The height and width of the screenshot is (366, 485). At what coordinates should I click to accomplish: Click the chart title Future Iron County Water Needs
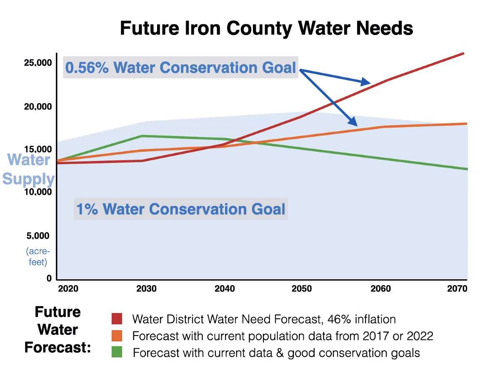(266, 29)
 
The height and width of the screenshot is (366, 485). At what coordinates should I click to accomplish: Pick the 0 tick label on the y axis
(49, 278)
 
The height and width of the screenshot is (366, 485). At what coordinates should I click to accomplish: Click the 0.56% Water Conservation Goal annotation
(180, 68)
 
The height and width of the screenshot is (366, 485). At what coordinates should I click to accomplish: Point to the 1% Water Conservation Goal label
(181, 208)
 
